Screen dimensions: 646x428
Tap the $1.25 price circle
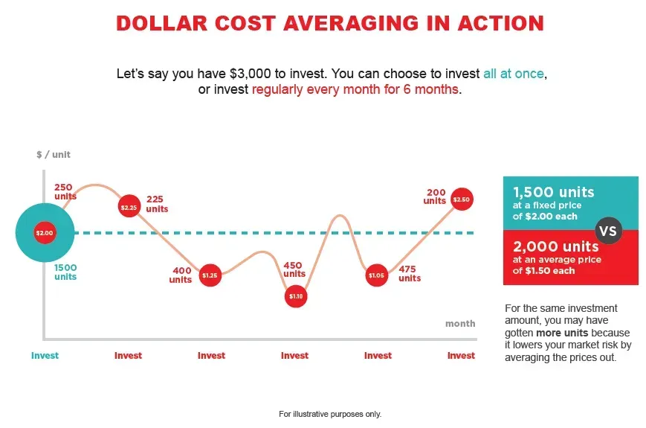click(x=210, y=275)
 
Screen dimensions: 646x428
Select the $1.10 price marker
click(x=296, y=296)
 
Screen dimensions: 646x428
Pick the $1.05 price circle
click(x=377, y=275)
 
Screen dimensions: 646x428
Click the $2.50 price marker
click(x=462, y=199)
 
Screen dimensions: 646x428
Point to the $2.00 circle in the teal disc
click(x=45, y=232)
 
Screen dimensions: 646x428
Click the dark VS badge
click(x=609, y=231)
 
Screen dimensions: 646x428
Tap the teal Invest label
click(x=45, y=356)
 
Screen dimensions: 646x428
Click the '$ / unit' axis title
click(x=54, y=155)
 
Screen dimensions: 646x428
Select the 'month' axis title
click(x=460, y=324)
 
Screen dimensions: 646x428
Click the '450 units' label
click(x=294, y=269)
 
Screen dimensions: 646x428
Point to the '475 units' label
click(x=410, y=273)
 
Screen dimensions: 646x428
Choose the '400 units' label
click(x=181, y=275)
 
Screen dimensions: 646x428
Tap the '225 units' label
click(x=157, y=204)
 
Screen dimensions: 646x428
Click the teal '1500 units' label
click(x=65, y=272)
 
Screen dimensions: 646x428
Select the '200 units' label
click(x=435, y=197)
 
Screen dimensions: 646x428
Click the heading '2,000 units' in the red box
click(x=556, y=246)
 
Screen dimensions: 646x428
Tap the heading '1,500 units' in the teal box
click(x=554, y=192)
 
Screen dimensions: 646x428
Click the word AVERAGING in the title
click(x=351, y=23)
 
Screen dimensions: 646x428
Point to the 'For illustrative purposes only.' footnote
click(x=330, y=414)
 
